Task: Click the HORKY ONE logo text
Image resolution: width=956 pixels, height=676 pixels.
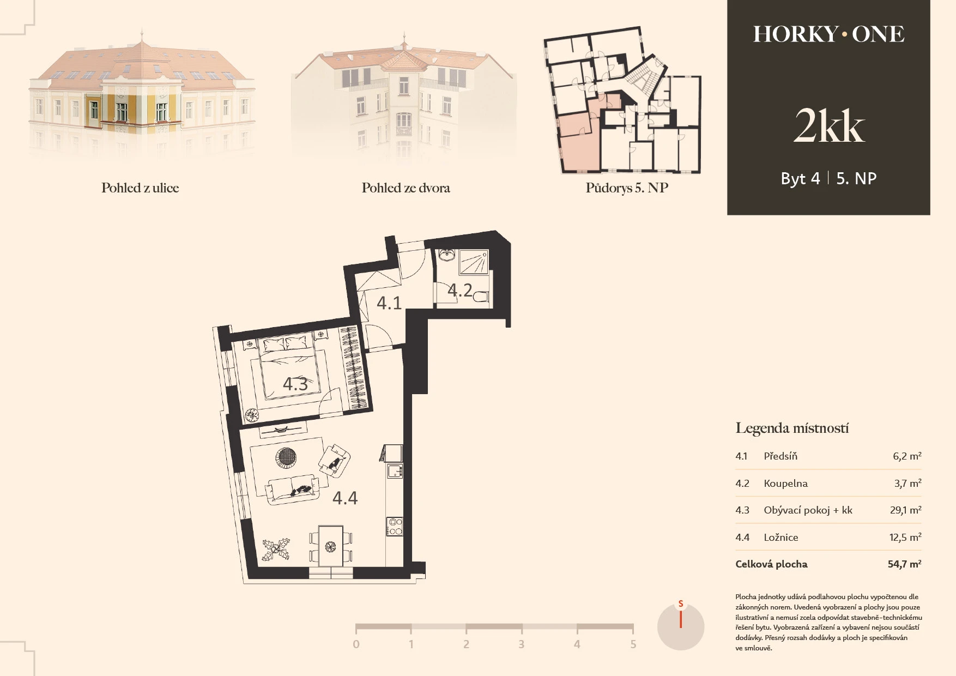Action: pos(828,34)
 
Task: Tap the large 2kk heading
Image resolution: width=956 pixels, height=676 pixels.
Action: pos(829,126)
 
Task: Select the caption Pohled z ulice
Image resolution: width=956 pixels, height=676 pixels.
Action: pos(140,188)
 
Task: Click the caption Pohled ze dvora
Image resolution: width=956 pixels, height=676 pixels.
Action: pos(406,188)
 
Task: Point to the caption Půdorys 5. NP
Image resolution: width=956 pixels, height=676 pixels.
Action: pos(627,188)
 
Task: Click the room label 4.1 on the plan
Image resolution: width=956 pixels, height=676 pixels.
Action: pos(389,303)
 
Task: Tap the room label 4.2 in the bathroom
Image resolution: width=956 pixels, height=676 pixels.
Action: pos(460,290)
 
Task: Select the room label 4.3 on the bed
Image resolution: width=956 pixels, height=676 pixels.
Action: pos(295,384)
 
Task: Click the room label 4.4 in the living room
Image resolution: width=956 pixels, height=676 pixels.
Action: pos(345,498)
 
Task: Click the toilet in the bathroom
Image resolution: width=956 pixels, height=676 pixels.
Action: pos(481,298)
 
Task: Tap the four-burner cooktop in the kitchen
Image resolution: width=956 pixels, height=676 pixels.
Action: pos(395,526)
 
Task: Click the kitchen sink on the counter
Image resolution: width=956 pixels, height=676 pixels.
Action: pos(394,470)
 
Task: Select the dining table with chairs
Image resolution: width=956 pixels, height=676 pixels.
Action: pos(331,546)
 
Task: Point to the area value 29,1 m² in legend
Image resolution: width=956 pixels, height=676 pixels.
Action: pos(906,510)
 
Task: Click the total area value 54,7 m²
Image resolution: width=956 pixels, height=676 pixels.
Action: pos(905,564)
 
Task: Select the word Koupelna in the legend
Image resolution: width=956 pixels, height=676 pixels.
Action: pos(786,483)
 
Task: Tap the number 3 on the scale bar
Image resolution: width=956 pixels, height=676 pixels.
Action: pos(522,644)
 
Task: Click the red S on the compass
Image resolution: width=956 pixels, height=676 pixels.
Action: pos(681,604)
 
